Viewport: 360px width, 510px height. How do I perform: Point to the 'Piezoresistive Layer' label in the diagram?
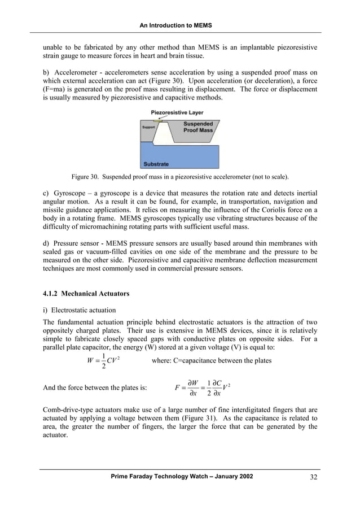pos(177,112)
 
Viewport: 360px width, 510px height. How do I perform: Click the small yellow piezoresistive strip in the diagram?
pos(159,120)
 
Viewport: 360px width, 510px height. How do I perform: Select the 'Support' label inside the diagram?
pos(148,127)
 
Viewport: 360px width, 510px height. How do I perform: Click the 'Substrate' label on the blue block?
pos(156,164)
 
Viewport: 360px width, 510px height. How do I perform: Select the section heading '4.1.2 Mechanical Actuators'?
pos(86,294)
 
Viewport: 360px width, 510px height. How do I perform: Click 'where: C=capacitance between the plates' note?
pos(212,360)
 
